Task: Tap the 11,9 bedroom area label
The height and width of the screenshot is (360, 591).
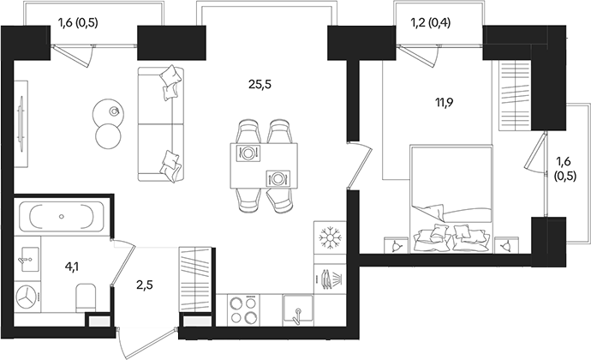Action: tap(445, 105)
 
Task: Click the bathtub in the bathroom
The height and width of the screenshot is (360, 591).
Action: tap(62, 216)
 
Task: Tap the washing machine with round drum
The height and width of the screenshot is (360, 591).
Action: tap(30, 297)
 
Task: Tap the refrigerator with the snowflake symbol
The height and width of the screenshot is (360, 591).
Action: tap(329, 237)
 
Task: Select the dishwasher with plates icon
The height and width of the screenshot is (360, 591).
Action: tap(329, 278)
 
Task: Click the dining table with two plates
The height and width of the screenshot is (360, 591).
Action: tap(264, 165)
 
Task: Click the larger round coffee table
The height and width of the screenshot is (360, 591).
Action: tap(108, 135)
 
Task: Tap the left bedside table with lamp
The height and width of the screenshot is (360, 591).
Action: tap(397, 244)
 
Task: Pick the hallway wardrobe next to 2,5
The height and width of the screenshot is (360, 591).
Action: tap(195, 279)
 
